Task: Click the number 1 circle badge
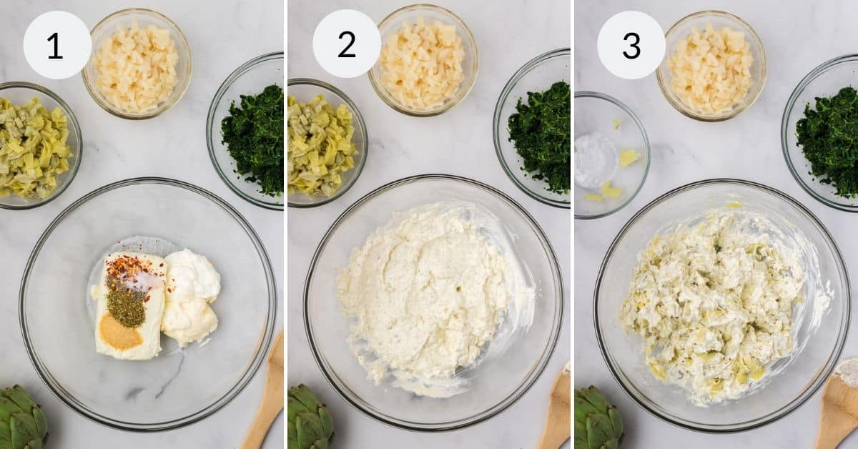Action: click(x=57, y=45)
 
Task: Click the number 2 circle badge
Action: click(x=346, y=44)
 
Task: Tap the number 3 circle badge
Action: click(x=631, y=45)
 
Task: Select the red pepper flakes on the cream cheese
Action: click(x=124, y=271)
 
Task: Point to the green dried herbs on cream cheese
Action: click(x=126, y=306)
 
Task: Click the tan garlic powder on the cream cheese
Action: click(x=119, y=332)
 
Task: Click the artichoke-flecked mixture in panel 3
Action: click(x=711, y=304)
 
